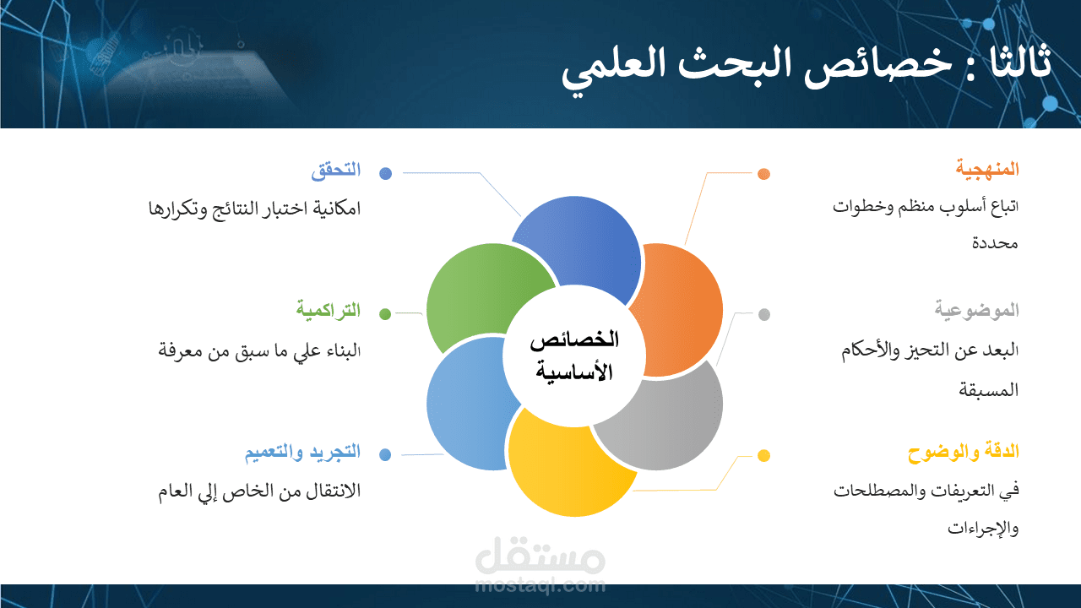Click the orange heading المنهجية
click(x=987, y=169)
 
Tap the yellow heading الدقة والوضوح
click(x=964, y=452)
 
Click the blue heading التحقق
click(x=335, y=170)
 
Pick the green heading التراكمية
click(x=328, y=310)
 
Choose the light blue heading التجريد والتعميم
click(x=302, y=452)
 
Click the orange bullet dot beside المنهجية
click(x=763, y=174)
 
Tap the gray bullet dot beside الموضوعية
click(x=763, y=315)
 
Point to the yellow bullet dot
click(x=763, y=456)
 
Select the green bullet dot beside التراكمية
click(x=385, y=314)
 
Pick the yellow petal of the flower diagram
click(x=562, y=469)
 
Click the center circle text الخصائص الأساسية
click(x=574, y=356)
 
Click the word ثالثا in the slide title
click(x=1021, y=65)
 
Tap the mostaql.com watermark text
click(x=540, y=584)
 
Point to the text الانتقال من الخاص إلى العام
click(x=259, y=491)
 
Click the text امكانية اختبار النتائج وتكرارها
click(x=254, y=208)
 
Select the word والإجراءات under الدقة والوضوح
click(x=983, y=529)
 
